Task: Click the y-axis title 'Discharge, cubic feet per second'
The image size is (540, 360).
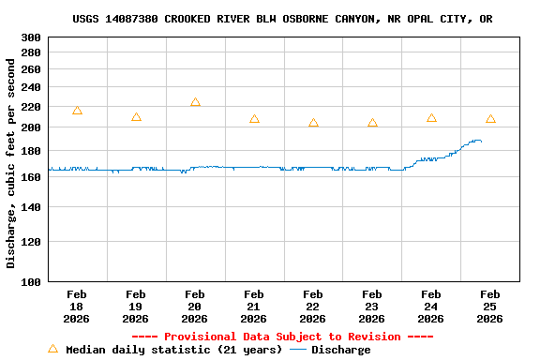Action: tap(11, 163)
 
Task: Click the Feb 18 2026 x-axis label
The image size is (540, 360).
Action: tap(77, 306)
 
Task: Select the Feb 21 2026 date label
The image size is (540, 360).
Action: tap(254, 306)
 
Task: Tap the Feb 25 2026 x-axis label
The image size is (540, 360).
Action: tap(489, 306)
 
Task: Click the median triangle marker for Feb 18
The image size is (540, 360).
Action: tap(77, 111)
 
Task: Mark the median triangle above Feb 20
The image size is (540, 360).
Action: tap(195, 102)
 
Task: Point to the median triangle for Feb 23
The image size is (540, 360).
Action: tap(372, 123)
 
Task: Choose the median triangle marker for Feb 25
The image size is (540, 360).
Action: tap(490, 119)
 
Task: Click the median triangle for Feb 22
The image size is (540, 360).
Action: tap(313, 123)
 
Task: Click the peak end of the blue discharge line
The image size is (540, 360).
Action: tap(479, 141)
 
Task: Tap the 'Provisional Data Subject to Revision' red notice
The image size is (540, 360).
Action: tap(282, 337)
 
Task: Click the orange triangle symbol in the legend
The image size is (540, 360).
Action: tap(52, 349)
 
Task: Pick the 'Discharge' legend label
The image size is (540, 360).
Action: tap(340, 350)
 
